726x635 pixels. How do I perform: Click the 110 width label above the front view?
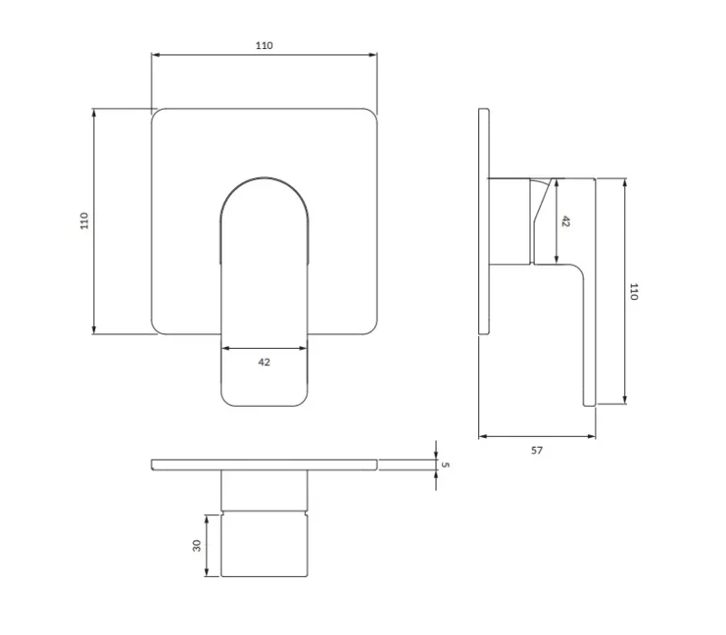pyautogui.click(x=264, y=45)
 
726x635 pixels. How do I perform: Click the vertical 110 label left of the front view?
pyautogui.click(x=83, y=221)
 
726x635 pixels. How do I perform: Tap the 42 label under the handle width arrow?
pyautogui.click(x=264, y=362)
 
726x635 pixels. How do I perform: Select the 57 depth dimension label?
pyautogui.click(x=536, y=451)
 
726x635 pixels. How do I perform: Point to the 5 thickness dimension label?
pyautogui.click(x=446, y=464)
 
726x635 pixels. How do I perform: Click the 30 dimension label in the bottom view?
pyautogui.click(x=197, y=546)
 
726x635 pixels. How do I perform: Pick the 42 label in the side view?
pyautogui.click(x=565, y=222)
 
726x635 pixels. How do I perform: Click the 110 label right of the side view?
pyautogui.click(x=633, y=292)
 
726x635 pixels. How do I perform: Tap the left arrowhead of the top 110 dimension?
pyautogui.click(x=155, y=55)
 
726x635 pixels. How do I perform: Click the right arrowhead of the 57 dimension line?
pyautogui.click(x=592, y=436)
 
